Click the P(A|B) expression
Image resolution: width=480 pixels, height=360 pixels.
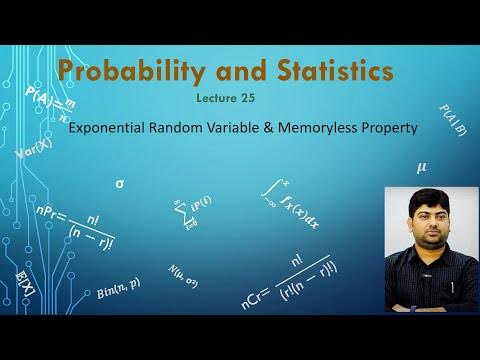pyautogui.click(x=451, y=119)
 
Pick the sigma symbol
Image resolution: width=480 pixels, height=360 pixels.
pyautogui.click(x=121, y=184)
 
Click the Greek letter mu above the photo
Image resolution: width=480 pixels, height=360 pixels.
pyautogui.click(x=421, y=169)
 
